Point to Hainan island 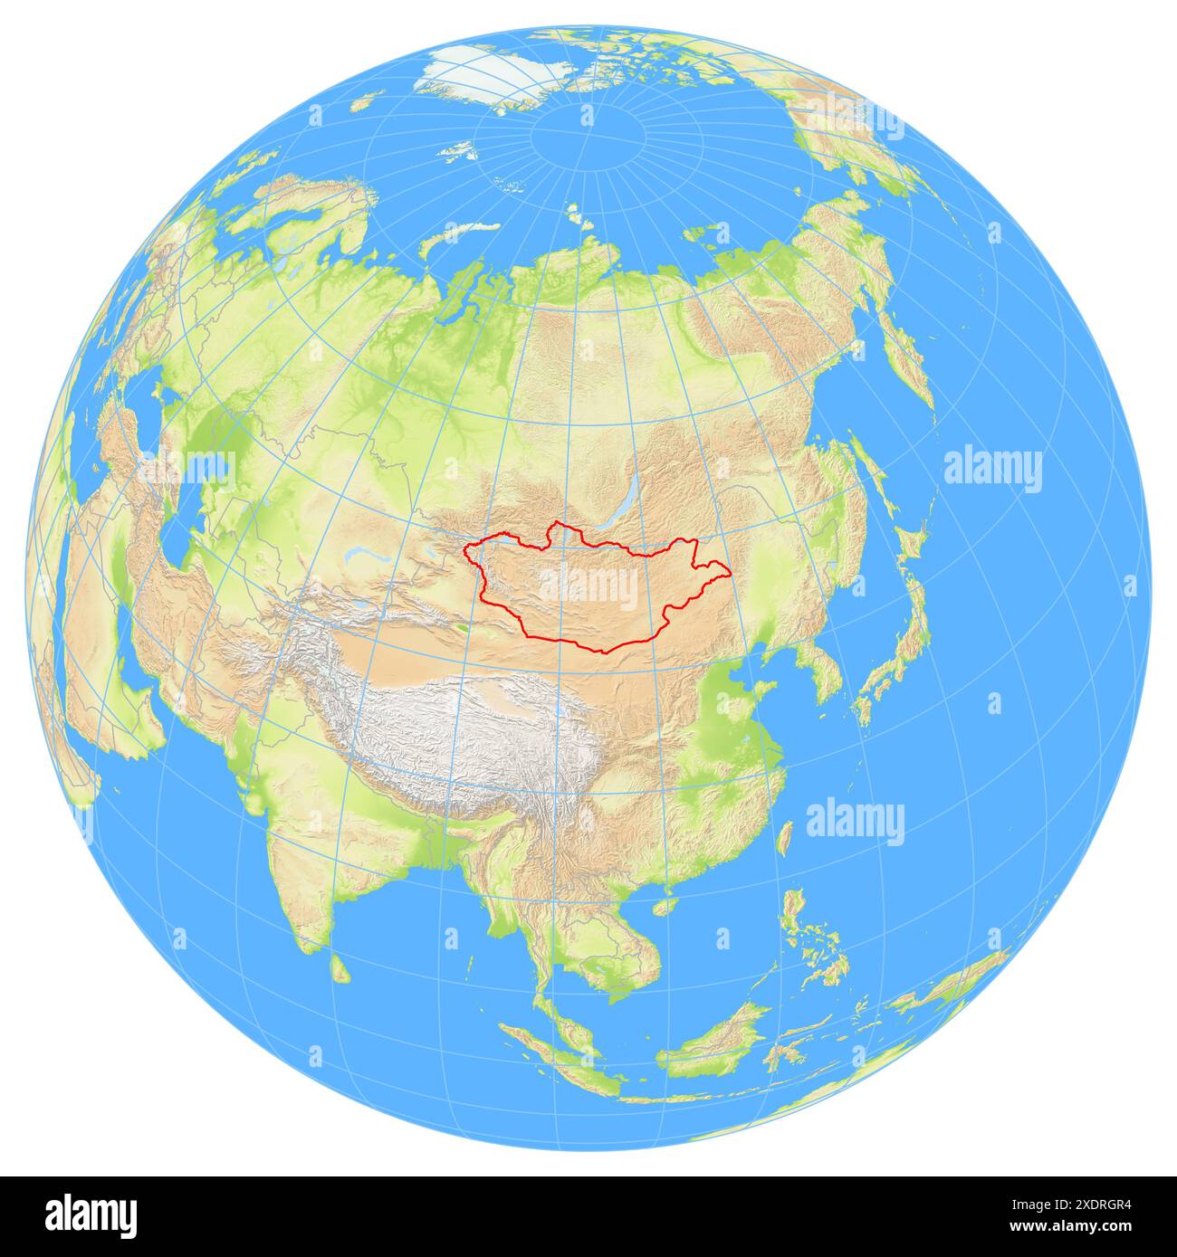[667, 905]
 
